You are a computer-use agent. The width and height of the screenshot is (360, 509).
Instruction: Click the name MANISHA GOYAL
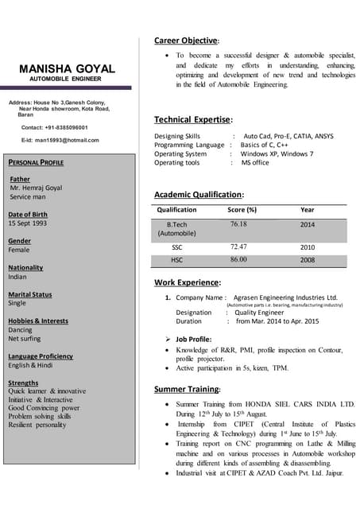tap(67, 69)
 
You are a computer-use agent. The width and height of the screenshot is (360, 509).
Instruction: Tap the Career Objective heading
tap(186, 41)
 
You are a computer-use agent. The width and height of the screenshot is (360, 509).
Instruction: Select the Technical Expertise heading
tap(193, 119)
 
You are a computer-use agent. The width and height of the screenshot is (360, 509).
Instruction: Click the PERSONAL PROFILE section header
tap(35, 162)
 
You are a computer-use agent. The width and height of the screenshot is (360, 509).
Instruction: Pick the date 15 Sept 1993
tap(28, 223)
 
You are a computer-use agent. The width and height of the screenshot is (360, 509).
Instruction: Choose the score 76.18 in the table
tap(238, 224)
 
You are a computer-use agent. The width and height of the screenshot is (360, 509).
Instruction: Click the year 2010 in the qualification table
tap(308, 247)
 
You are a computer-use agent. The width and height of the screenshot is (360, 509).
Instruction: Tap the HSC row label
tap(176, 260)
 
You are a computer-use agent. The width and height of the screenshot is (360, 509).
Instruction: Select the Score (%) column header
tap(242, 210)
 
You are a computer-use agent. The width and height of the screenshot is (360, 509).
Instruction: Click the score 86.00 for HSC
tap(238, 260)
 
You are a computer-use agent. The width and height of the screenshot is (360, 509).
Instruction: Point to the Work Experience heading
tap(188, 282)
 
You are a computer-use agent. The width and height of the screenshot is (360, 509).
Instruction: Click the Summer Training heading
tap(187, 390)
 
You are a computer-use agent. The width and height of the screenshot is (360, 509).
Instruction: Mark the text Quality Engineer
tap(259, 313)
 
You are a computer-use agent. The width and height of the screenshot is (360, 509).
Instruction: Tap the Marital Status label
tap(29, 294)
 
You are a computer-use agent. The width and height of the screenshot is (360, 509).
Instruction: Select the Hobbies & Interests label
tap(38, 321)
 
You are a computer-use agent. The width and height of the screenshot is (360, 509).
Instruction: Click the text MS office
tap(255, 162)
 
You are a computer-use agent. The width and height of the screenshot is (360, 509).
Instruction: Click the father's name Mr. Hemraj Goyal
tap(37, 188)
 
